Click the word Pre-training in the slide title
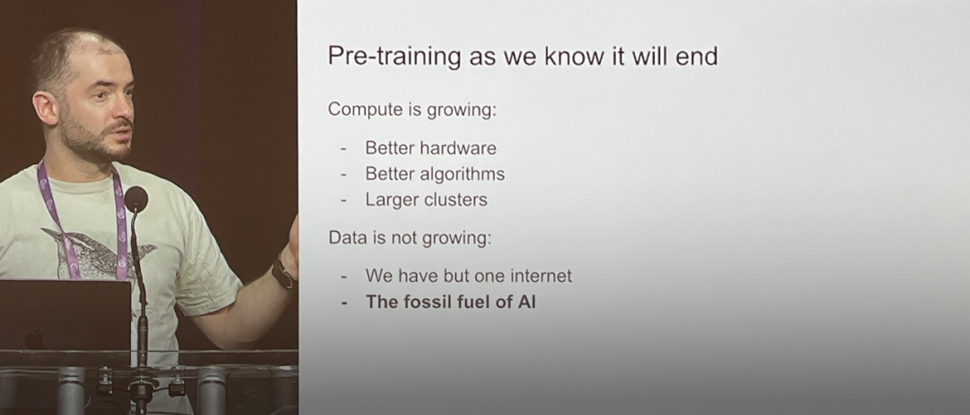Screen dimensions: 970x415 pos(394,57)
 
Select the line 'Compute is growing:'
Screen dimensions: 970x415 pos(412,110)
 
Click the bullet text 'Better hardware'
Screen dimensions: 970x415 pos(430,148)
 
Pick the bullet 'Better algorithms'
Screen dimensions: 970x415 pos(435,174)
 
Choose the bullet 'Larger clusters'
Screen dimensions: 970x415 pos(427,199)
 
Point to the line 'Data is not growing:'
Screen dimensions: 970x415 pos(410,238)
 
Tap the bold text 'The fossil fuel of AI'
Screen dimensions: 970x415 pos(450,302)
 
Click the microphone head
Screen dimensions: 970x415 pos(136,199)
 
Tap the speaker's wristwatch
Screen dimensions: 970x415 pos(283,273)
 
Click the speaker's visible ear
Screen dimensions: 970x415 pos(47,109)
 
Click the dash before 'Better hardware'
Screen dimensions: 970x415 pos(344,149)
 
